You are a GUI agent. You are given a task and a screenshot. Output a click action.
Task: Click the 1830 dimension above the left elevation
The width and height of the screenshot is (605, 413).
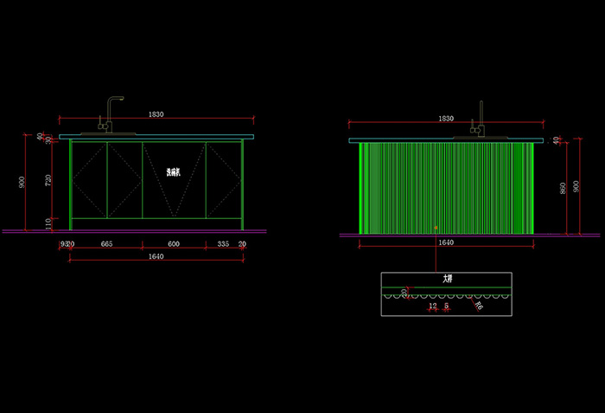156,114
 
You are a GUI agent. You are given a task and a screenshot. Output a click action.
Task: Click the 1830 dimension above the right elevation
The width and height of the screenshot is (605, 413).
446,118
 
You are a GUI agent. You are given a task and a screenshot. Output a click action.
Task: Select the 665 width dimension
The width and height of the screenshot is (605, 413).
106,244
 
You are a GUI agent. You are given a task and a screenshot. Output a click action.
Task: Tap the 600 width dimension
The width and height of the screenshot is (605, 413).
173,244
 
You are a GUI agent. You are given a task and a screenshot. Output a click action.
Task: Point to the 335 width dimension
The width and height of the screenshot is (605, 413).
222,244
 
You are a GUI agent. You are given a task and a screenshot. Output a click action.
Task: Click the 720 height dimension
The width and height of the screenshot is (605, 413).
48,179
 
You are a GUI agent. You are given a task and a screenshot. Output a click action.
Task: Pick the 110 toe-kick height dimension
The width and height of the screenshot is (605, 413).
48,223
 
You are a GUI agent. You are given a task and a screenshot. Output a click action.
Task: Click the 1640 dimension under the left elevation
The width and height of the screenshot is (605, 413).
156,257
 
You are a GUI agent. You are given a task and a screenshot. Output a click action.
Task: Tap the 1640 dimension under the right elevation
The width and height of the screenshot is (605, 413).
446,243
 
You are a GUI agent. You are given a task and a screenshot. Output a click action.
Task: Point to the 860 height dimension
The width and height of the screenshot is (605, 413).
563,188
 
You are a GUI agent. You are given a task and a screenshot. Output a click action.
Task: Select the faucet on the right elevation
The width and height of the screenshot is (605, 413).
481,119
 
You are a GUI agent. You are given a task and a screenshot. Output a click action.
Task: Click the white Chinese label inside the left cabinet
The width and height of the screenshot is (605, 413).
174,171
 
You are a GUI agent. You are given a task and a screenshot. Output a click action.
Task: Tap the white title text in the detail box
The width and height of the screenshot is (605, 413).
447,280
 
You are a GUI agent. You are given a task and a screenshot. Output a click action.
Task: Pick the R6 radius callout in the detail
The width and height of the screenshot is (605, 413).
479,305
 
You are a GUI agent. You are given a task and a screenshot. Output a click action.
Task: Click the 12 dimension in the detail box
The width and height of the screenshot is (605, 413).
433,306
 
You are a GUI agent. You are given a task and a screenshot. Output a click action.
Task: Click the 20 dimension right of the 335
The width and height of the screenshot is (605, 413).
243,244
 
